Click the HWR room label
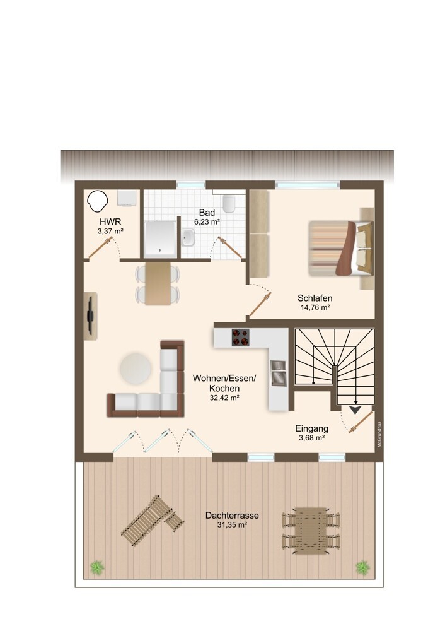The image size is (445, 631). [x=110, y=221]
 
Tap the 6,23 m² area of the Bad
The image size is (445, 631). [x=207, y=221]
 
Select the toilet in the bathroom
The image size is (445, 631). [x=229, y=204]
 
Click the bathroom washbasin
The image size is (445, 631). [x=188, y=237]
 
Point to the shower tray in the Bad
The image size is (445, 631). [x=160, y=239]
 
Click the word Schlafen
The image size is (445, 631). [x=315, y=298]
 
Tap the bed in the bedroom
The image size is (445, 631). [x=341, y=248]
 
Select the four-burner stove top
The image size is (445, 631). [x=240, y=337]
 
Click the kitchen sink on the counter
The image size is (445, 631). [x=278, y=373]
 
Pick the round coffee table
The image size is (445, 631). [x=135, y=369]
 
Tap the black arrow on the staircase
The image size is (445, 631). [x=355, y=410]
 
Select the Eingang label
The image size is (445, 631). [x=311, y=428]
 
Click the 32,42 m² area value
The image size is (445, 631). [x=224, y=398]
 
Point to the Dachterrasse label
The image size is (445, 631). [x=232, y=516]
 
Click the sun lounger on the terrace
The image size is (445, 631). [x=151, y=520]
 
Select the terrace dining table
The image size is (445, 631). [x=311, y=531]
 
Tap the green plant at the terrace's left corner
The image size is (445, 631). [x=97, y=567]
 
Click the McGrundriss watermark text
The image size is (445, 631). [x=379, y=435]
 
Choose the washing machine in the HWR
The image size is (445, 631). [x=127, y=198]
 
